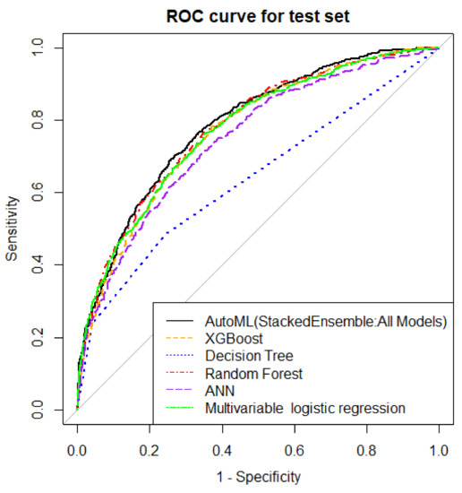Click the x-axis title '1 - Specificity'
pos(258,477)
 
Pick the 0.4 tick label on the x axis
pos(222,445)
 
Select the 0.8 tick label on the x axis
pos(366,445)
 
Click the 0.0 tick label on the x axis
pos(78,445)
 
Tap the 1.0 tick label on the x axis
pos(438,445)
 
